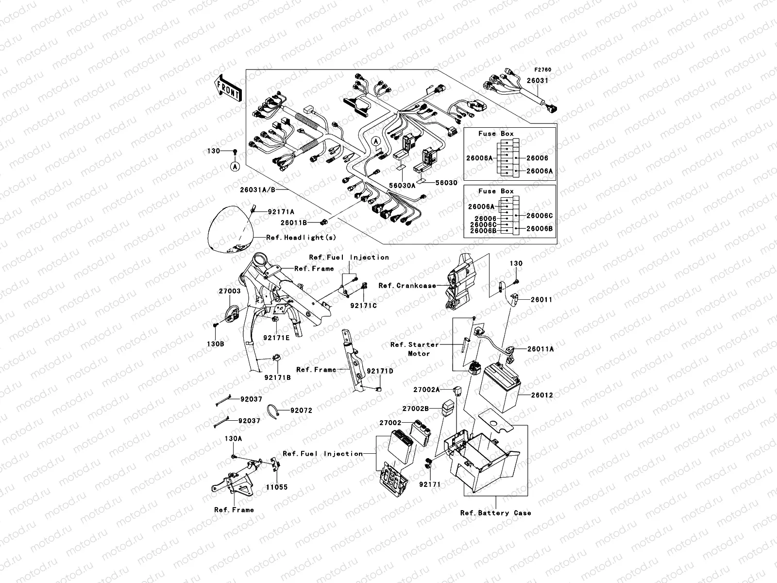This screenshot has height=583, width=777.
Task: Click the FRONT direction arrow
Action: point(229,88)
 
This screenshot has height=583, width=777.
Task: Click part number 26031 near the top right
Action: point(538,81)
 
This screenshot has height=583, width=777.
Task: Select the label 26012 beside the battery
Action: point(541,395)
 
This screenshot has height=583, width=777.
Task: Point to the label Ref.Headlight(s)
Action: point(301,238)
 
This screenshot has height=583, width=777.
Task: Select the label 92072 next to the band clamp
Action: point(301,411)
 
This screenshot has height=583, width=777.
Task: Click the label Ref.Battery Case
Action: point(495,513)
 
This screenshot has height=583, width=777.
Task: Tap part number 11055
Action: point(276,487)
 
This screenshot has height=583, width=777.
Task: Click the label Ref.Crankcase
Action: point(407,286)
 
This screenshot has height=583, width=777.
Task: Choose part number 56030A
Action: point(402,185)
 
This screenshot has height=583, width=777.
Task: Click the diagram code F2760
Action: point(543,70)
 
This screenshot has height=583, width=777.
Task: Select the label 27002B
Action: point(415,409)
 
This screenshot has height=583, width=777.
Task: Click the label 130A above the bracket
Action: point(233,438)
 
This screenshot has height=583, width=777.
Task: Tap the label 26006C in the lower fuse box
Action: point(540,216)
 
